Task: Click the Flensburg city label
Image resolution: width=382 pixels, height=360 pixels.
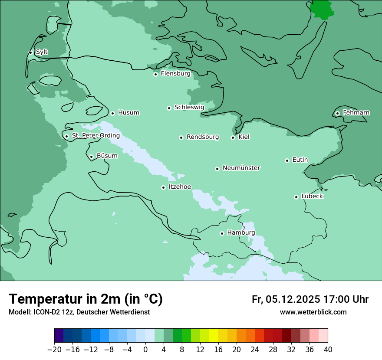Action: coord(175,74)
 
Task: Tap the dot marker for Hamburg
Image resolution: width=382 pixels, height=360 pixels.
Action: coord(222,233)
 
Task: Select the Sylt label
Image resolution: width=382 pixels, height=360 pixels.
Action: coord(42,52)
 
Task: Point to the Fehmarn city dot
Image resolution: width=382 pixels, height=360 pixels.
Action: coord(337,113)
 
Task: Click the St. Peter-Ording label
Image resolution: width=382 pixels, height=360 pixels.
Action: coord(95,136)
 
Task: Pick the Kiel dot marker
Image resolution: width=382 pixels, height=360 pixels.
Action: coord(233,137)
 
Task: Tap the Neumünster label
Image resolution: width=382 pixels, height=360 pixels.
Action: coord(241,168)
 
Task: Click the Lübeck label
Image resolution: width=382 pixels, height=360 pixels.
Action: coord(312,196)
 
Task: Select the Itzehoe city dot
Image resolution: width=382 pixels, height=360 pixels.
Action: coord(163,187)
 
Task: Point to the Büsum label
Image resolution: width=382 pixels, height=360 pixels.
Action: coord(107,156)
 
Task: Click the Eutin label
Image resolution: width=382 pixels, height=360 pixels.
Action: coord(300,160)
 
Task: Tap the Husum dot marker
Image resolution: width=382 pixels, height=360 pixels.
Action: coord(112,113)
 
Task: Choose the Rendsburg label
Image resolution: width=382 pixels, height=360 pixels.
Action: coord(203,137)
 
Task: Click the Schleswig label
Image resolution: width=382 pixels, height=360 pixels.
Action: coord(189,107)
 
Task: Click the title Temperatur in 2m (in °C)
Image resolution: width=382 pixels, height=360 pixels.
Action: coord(86,299)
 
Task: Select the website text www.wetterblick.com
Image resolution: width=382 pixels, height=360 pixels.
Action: coord(313,312)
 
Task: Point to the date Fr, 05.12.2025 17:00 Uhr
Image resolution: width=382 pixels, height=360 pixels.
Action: coord(310,299)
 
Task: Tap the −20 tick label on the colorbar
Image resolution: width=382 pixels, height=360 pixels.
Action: coord(54,350)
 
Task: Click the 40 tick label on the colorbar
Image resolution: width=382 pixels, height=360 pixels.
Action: coord(328,350)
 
